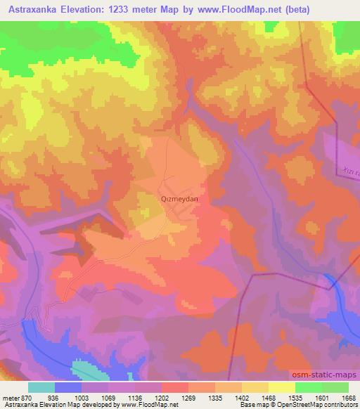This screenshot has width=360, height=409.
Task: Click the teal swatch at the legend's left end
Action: (42, 387)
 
